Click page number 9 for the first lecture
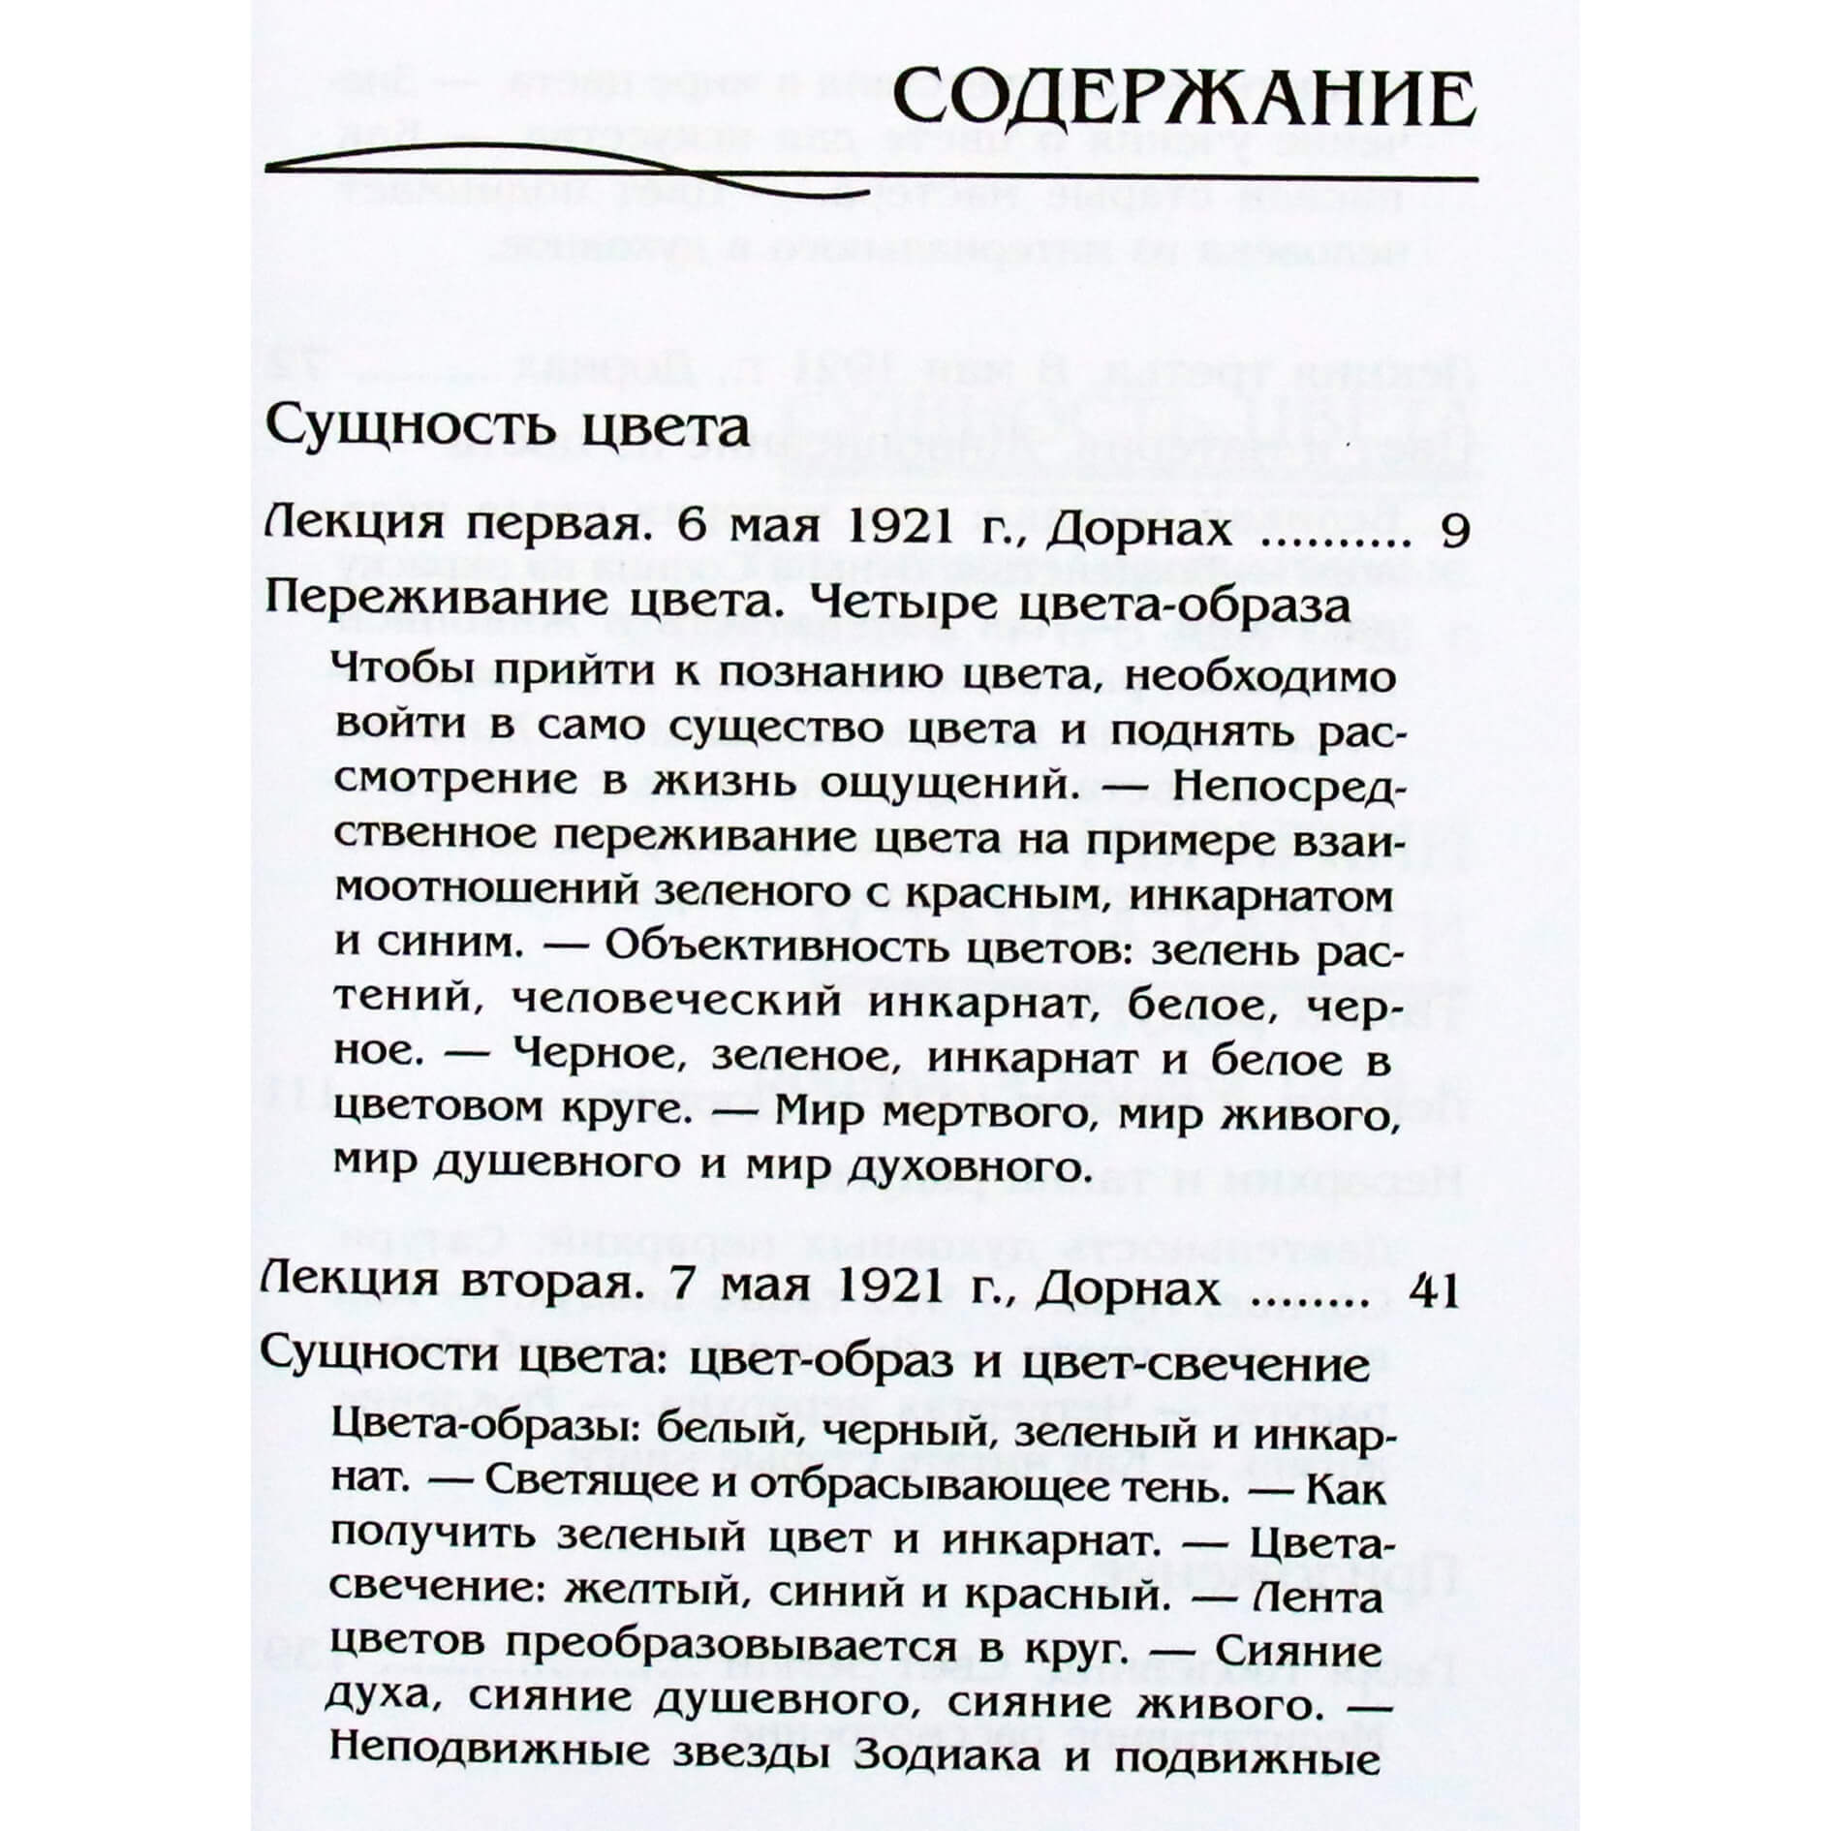coord(1452,531)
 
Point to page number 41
coord(1437,1291)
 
